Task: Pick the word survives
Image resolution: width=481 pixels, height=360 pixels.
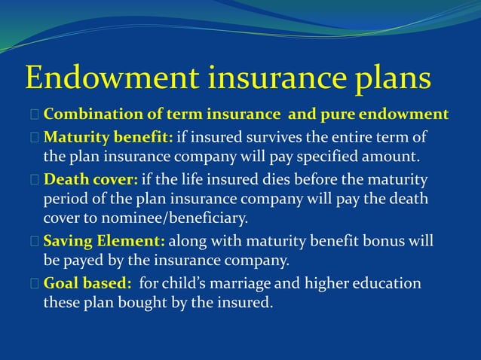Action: [267, 137]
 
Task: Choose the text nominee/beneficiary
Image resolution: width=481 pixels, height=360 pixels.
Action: [178, 219]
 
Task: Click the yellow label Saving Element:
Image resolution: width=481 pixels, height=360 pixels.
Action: [104, 242]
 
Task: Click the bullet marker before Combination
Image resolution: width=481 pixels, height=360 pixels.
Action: [35, 115]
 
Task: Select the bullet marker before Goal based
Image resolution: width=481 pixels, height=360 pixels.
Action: [35, 284]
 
